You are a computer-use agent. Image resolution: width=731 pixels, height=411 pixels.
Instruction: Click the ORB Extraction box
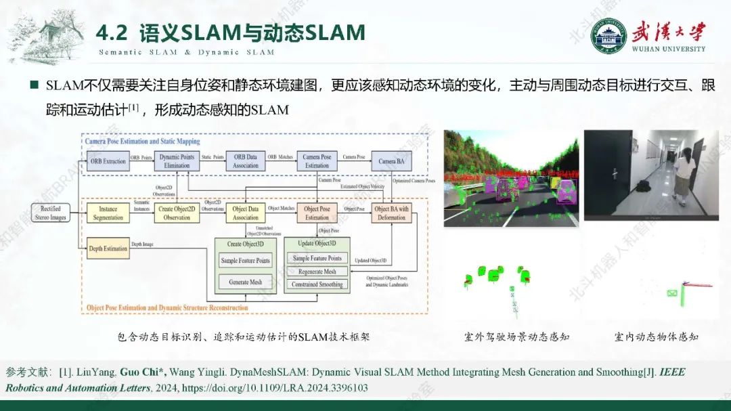tap(108, 161)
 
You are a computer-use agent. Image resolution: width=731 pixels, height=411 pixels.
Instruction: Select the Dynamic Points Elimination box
tap(177, 161)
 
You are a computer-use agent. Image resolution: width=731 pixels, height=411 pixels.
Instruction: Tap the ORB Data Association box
tap(246, 161)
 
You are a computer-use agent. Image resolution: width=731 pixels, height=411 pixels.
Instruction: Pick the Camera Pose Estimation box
tap(317, 161)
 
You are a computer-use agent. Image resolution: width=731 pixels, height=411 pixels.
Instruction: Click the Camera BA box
tap(391, 161)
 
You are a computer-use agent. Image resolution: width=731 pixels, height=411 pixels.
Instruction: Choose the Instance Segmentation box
tap(108, 213)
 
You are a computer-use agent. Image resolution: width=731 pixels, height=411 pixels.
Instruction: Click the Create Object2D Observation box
tap(177, 213)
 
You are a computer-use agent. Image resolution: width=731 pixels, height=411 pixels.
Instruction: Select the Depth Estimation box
tap(108, 248)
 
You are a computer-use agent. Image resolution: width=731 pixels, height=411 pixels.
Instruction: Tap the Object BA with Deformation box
tap(391, 213)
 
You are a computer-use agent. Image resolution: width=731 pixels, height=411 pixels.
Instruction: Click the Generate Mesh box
tap(245, 282)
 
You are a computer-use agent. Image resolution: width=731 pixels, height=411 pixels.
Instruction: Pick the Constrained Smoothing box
tap(317, 284)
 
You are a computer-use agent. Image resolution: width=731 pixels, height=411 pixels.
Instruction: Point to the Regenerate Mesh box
tap(317, 272)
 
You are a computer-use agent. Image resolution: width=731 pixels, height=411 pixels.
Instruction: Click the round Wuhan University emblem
tap(608, 35)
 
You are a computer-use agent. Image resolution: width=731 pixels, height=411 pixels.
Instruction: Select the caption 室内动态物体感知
tap(656, 337)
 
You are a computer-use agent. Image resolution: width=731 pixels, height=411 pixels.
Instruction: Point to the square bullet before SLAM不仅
tap(34, 86)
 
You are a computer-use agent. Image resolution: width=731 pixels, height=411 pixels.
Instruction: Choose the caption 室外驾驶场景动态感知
tap(517, 337)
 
